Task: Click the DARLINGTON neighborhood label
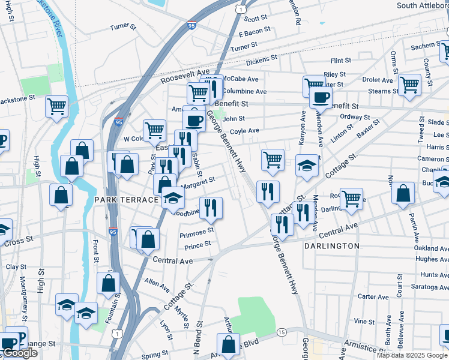point(331,246)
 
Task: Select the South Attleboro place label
point(423,5)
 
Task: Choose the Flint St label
point(340,61)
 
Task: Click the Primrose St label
point(197,231)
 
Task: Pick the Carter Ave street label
point(373,296)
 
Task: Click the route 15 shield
point(281,332)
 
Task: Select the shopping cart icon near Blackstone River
point(56,106)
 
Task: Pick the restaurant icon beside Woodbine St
point(211,208)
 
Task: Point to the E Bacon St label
point(252,34)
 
